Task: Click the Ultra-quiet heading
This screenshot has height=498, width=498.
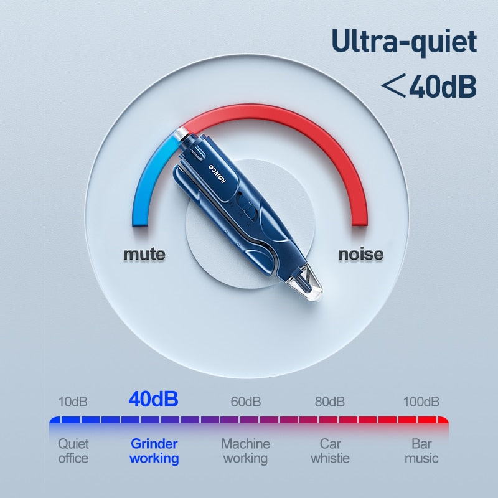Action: click(404, 42)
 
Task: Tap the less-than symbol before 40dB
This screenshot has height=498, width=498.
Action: click(394, 85)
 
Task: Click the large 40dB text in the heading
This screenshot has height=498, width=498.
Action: click(443, 87)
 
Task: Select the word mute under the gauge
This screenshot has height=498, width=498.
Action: click(144, 254)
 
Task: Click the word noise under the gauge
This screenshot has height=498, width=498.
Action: click(361, 254)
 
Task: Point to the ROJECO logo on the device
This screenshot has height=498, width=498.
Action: click(217, 174)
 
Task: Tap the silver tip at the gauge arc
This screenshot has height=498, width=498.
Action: click(181, 134)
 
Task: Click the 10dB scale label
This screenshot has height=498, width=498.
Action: click(73, 402)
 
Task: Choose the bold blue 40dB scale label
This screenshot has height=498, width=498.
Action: click(153, 399)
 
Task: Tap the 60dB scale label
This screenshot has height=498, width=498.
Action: click(246, 402)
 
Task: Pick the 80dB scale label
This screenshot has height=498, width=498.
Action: click(330, 402)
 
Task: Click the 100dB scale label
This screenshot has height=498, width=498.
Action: click(421, 402)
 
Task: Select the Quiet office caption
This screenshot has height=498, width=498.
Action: click(73, 451)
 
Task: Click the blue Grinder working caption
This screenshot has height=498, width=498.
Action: click(154, 451)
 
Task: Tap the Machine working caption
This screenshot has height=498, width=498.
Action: click(245, 451)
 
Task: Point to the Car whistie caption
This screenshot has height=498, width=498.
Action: click(331, 451)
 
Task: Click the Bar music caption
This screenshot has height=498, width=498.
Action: click(421, 451)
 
